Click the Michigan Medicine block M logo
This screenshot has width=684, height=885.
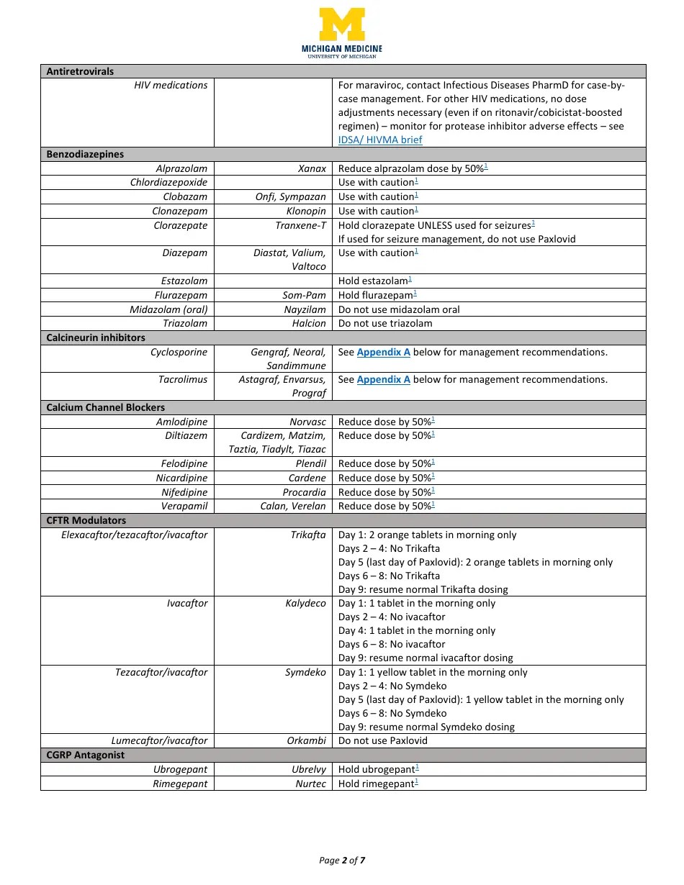pos(342,24)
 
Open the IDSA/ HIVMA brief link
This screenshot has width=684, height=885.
pos(380,140)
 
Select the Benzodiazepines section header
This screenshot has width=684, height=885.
pos(85,154)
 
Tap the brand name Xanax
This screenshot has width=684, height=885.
pos(312,168)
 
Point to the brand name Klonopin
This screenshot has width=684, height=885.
pos(306,211)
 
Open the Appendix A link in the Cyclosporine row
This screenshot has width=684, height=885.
pos(383,352)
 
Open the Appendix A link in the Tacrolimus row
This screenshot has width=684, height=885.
pos(383,379)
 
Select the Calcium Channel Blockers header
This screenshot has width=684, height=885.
pos(105,407)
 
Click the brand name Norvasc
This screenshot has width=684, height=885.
pos(307,422)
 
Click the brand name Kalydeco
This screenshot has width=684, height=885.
pos(305,603)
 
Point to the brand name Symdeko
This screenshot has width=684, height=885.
pos(305,672)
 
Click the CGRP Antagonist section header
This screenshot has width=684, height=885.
pos(85,755)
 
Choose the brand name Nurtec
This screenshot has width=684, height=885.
pos(310,784)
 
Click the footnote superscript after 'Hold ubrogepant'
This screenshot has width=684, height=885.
pos(418,768)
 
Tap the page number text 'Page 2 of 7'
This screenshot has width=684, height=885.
pos(342,860)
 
